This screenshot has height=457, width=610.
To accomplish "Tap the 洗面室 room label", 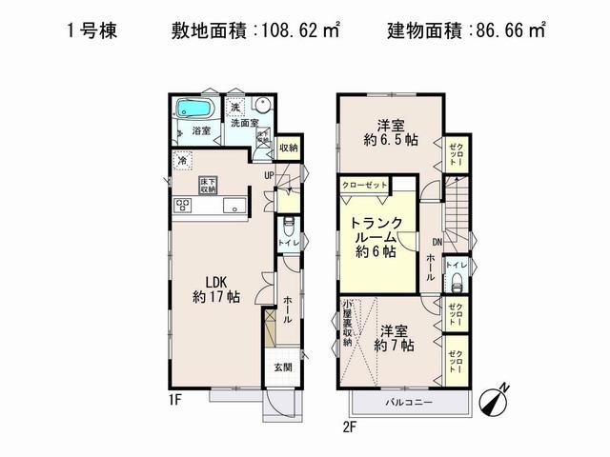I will tap(245, 123).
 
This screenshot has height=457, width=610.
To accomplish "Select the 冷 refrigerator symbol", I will tap(182, 162).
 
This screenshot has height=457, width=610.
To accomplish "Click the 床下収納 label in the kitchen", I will tap(209, 184).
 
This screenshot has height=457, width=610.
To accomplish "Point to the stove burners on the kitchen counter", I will tap(183, 207).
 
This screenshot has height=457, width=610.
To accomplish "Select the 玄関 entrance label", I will tap(284, 368).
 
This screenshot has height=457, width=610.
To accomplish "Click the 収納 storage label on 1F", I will tap(289, 148).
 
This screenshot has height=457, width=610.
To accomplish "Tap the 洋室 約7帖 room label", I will tap(392, 339).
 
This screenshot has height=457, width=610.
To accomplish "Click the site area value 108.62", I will tap(286, 31).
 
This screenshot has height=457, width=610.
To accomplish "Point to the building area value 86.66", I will tap(499, 31).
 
